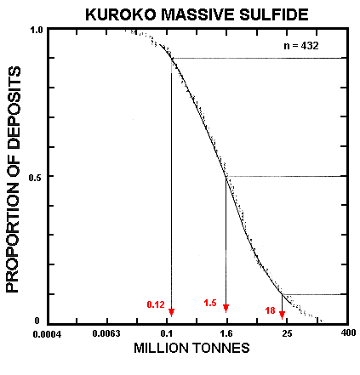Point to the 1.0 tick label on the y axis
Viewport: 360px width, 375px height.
pyautogui.click(x=37, y=31)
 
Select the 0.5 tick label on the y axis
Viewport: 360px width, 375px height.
pyautogui.click(x=37, y=177)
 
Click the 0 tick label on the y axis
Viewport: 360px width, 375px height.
pyautogui.click(x=37, y=321)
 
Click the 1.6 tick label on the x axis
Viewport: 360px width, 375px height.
pyautogui.click(x=226, y=333)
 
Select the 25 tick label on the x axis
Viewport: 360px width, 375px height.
pyautogui.click(x=285, y=333)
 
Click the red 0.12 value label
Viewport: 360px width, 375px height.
pyautogui.click(x=156, y=304)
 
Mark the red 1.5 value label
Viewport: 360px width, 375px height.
pyautogui.click(x=211, y=303)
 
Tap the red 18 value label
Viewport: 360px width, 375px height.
pyautogui.click(x=269, y=310)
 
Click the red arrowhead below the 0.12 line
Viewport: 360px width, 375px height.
pyautogui.click(x=172, y=311)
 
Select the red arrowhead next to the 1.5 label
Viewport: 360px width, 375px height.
pyautogui.click(x=226, y=308)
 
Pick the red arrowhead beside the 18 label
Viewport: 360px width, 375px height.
pyautogui.click(x=283, y=314)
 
